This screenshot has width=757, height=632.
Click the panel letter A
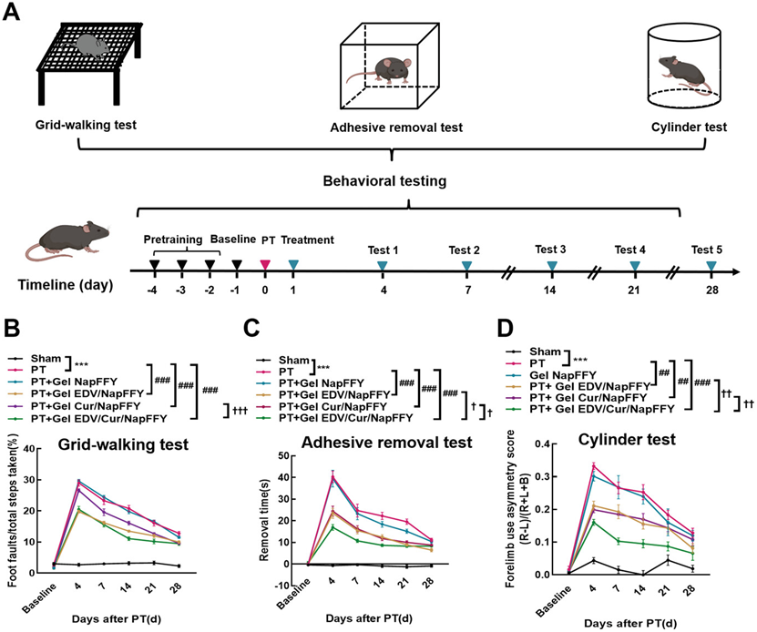(x=15, y=15)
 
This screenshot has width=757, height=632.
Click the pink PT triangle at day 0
(x=265, y=264)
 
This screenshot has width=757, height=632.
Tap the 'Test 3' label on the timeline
(x=550, y=250)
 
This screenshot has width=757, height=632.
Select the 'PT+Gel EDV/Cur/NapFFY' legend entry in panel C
(x=346, y=417)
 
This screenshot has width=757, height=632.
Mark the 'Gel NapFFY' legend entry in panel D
(x=574, y=374)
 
